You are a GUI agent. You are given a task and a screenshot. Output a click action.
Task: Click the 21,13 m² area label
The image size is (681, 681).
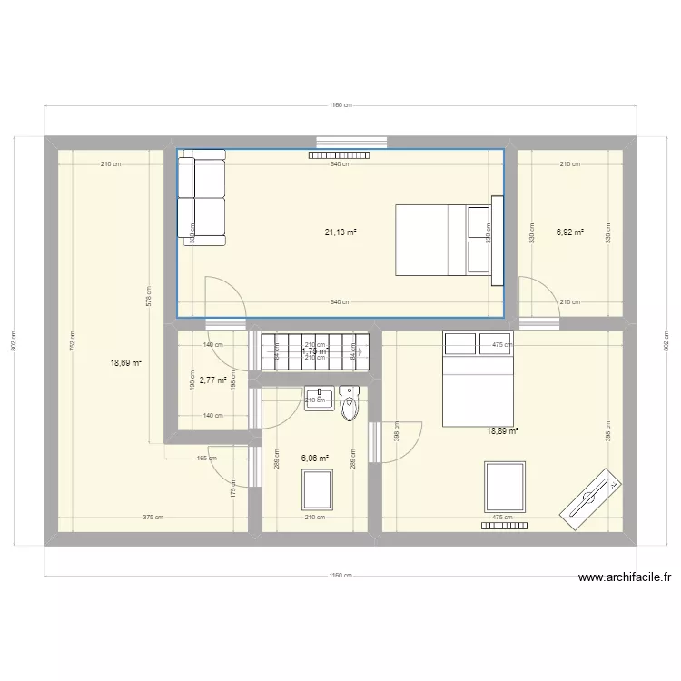(x=340, y=232)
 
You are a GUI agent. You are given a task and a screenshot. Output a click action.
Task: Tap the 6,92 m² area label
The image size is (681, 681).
(x=569, y=232)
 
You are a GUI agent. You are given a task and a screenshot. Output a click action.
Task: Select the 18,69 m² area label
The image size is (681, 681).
(x=126, y=362)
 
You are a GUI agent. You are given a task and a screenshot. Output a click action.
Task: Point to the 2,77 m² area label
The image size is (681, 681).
(x=212, y=380)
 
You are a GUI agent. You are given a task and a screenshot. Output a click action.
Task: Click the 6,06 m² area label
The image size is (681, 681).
(x=315, y=459)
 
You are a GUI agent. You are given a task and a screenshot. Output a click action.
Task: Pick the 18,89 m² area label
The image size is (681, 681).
(x=502, y=431)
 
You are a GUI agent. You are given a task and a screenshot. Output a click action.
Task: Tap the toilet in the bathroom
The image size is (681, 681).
(x=350, y=404)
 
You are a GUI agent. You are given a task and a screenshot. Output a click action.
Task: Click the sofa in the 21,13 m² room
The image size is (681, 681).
(x=201, y=201)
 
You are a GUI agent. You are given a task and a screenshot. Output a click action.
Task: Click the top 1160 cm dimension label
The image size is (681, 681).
(x=340, y=105)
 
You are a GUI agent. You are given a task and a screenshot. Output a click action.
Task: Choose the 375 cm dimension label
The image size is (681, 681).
(x=153, y=518)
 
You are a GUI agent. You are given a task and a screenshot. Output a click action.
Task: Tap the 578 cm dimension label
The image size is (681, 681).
(x=149, y=297)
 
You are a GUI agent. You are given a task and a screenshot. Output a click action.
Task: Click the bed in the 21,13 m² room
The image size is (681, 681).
(x=442, y=240)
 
